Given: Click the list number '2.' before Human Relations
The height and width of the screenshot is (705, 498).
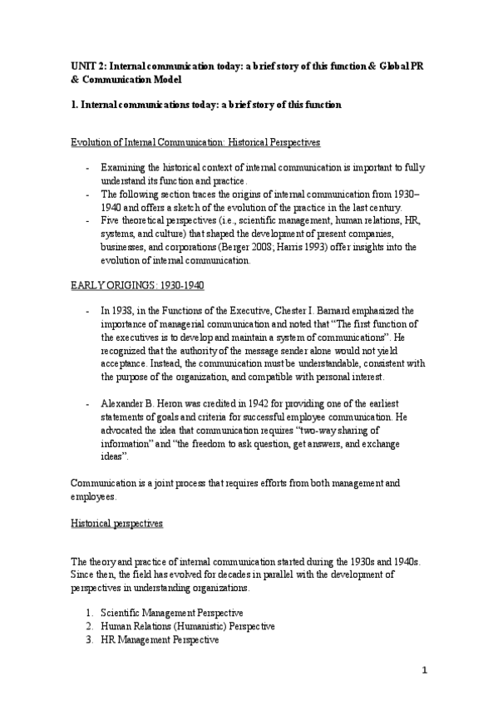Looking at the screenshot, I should [89, 626].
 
